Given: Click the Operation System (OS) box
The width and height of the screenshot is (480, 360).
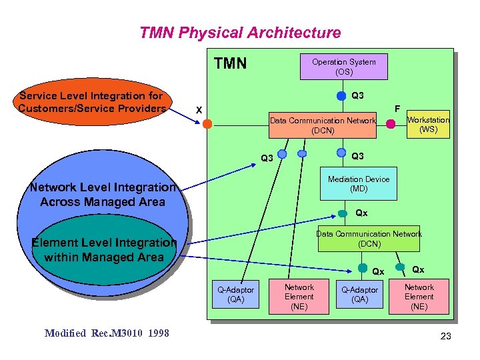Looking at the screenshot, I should click(x=343, y=67).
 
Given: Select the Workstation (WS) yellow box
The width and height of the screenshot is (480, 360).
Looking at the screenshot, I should click(x=428, y=125).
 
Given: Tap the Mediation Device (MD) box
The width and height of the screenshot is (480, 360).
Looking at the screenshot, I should click(x=359, y=184).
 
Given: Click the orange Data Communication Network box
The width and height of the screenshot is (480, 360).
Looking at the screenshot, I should click(x=322, y=125).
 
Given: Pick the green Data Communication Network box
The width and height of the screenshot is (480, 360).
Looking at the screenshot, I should click(x=369, y=239).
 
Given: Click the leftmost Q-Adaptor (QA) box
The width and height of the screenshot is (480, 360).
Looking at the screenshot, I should click(x=235, y=295).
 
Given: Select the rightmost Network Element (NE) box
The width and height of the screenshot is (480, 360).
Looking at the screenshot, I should click(x=419, y=297).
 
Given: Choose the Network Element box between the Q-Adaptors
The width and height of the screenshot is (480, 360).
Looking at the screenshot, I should click(x=299, y=297).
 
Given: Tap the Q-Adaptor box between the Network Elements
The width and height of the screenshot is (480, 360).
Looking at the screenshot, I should click(x=359, y=295).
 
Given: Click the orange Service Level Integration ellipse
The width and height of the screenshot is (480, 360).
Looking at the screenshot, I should click(x=92, y=103).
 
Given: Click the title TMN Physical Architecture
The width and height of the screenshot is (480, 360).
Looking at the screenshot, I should click(x=240, y=33).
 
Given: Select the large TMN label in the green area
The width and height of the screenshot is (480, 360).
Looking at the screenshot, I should click(x=230, y=64).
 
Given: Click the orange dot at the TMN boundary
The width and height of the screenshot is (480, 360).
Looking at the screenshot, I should click(x=208, y=124).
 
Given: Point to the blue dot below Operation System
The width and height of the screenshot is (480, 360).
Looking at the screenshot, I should click(x=341, y=94).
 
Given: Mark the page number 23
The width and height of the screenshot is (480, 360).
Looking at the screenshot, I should click(x=445, y=337).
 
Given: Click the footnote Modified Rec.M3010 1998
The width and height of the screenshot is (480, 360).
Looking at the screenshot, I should click(x=107, y=333).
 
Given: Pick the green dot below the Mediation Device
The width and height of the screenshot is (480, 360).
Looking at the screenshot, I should click(x=342, y=213).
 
